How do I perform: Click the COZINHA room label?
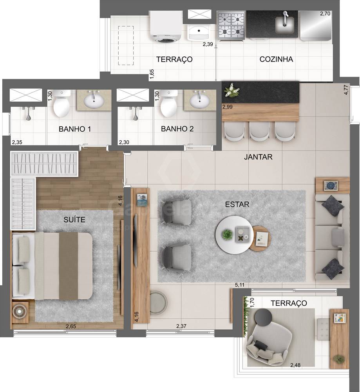276,60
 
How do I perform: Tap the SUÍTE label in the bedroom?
74,220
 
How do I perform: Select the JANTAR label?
258,157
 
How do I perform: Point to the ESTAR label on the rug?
237,204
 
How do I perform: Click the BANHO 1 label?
75,129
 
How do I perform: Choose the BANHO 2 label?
177,129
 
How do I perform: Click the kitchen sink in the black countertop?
285,24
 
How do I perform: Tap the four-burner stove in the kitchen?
231,25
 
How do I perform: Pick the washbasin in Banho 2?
201,101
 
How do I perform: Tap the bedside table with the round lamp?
20,312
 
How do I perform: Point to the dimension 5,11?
239,285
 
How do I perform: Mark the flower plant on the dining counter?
232,90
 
